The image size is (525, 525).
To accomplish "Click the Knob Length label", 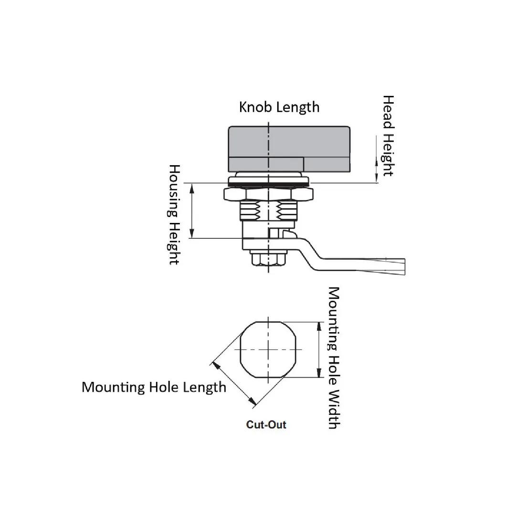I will [x=279, y=107].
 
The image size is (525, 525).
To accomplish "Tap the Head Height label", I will [x=388, y=136].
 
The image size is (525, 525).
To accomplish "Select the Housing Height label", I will [x=174, y=215].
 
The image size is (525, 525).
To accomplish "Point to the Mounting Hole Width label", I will [x=334, y=358].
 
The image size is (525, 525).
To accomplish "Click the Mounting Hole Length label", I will [x=154, y=387].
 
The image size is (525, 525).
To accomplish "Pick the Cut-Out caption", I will [x=266, y=424].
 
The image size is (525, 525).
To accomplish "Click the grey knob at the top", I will [x=290, y=143].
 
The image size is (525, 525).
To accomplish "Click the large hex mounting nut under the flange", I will [x=269, y=194].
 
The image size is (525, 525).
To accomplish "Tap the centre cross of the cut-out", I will [x=269, y=350].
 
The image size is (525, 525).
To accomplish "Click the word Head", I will [x=388, y=112].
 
